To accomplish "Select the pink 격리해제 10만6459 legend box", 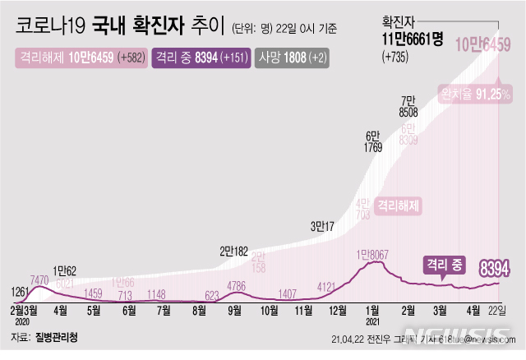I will pyautogui.click(x=80, y=58).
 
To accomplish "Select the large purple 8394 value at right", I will pyautogui.click(x=496, y=267).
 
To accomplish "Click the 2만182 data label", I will pyautogui.click(x=236, y=252).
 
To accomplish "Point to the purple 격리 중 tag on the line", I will pyautogui.click(x=445, y=265).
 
